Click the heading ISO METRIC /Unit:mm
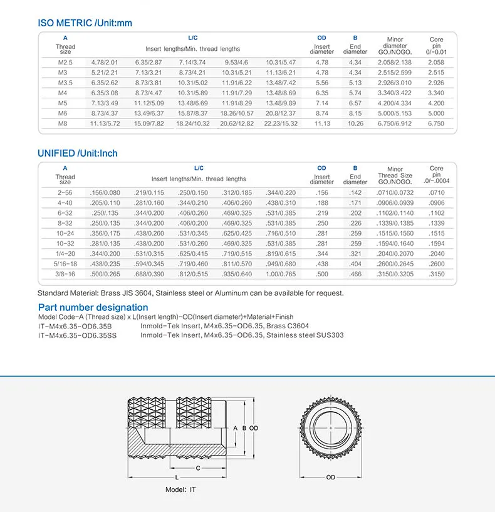pos(85,23)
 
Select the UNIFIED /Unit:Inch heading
pos(77,154)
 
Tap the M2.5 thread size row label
pos(66,63)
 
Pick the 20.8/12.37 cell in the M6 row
pos(280,113)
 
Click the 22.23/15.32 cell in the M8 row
pos(280,123)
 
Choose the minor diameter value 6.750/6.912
pos(395,123)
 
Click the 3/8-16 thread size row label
pos(66,274)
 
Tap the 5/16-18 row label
pos(66,264)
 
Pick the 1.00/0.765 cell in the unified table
pos(280,274)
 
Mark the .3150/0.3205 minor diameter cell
pos(395,274)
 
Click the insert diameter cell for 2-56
pos(321,193)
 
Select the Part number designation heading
pos(93,308)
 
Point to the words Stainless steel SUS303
pos(305,335)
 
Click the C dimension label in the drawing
pos(198,468)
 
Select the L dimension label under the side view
pos(177,478)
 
